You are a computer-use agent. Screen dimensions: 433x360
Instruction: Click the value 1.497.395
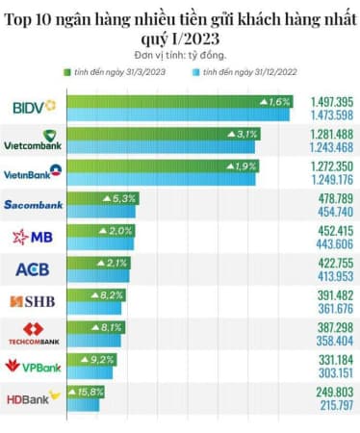click(329, 101)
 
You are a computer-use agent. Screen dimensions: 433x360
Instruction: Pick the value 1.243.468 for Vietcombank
click(329, 146)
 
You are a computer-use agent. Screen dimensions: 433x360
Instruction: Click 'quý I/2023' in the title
click(180, 38)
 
